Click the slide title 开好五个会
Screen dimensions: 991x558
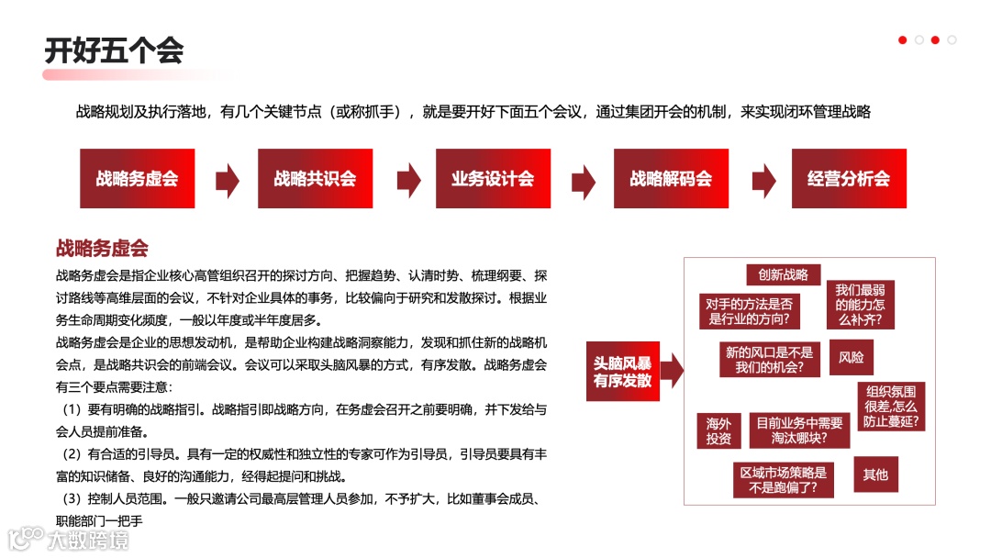point(114,50)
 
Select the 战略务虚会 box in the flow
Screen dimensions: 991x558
point(137,179)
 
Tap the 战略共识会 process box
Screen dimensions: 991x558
point(315,179)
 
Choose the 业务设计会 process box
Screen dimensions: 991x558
point(493,179)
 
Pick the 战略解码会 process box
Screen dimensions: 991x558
point(671,179)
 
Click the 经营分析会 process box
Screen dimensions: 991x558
point(849,179)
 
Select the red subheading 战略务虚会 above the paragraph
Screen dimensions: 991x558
point(102,249)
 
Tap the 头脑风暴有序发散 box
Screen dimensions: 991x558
point(622,371)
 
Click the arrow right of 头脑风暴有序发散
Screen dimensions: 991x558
point(672,371)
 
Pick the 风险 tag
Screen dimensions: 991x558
point(851,357)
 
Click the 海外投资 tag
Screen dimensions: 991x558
point(718,431)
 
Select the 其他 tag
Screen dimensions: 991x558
point(875,474)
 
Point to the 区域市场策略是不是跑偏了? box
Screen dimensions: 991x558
point(783,481)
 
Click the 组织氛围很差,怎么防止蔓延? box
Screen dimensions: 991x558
point(891,406)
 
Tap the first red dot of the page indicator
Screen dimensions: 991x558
point(902,39)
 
